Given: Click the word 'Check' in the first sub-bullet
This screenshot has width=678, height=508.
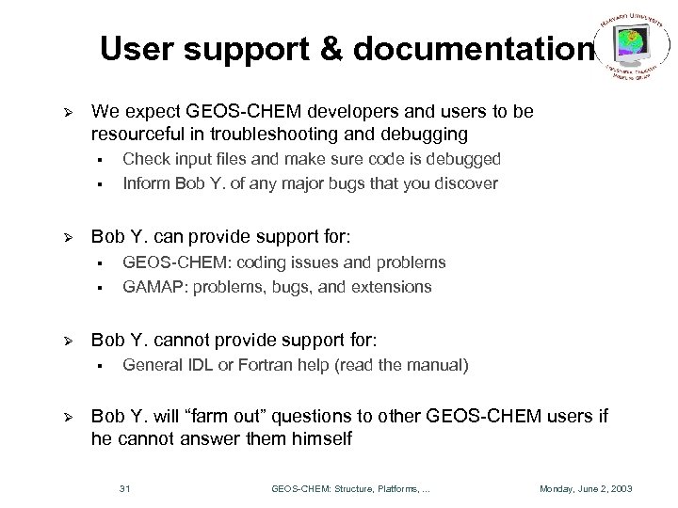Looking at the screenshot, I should pyautogui.click(x=144, y=160).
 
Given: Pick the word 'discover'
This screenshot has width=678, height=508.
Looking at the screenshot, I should pyautogui.click(x=467, y=183).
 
